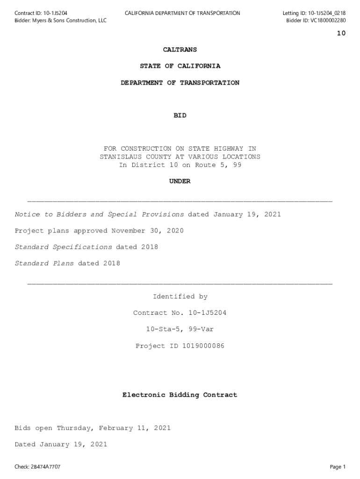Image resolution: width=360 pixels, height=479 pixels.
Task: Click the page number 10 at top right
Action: click(x=341, y=33)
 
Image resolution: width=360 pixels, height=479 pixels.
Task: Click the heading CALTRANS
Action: click(x=180, y=50)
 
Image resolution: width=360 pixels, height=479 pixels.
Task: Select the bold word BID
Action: click(x=180, y=116)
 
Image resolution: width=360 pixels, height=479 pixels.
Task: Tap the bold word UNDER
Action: click(x=180, y=181)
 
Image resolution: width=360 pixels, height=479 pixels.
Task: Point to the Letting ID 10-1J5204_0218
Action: click(x=327, y=13)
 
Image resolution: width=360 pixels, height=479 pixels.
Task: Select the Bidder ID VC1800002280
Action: click(x=328, y=21)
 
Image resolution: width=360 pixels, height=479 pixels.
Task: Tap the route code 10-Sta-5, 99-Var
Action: click(x=180, y=329)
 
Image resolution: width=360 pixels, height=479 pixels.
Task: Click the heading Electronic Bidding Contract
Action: click(x=180, y=395)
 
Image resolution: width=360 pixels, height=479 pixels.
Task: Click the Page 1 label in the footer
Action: click(x=338, y=467)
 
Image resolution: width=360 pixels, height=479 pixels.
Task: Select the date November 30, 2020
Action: click(x=148, y=231)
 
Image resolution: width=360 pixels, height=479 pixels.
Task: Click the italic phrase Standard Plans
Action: click(x=44, y=263)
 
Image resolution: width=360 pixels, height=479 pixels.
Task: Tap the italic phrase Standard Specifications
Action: click(x=63, y=247)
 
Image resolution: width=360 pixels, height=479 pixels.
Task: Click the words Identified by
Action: click(x=180, y=297)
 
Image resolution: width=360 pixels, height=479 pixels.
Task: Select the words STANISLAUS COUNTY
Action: click(x=136, y=157)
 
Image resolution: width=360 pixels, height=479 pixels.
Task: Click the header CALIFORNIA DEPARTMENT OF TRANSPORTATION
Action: click(x=182, y=13)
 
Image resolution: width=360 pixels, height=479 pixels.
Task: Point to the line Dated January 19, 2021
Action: click(x=61, y=444)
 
